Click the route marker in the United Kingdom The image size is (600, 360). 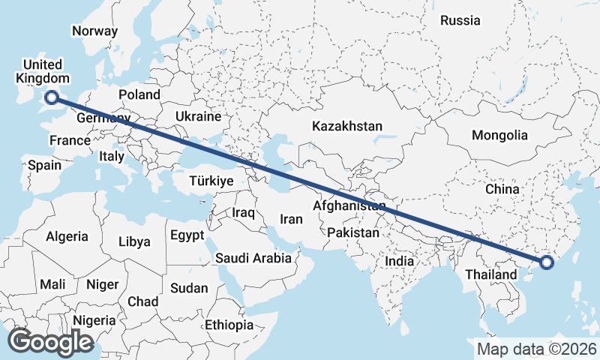coord(52,96)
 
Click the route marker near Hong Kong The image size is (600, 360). coord(547,262)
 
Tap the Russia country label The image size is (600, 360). coord(460,20)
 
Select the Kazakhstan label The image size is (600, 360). coord(348,126)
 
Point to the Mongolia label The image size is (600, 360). coord(499,136)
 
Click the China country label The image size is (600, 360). coord(502,189)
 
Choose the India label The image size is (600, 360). coord(400,262)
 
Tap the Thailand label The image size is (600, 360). coord(490,274)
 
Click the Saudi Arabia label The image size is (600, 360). coord(253,258)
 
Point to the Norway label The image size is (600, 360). coord(94,31)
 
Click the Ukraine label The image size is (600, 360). coord(198,117)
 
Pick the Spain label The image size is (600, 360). coord(44,165)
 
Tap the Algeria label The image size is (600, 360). coord(67,236)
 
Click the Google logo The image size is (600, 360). coord(50,341)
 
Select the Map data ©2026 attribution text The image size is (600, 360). coord(536,349)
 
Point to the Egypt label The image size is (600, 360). coord(187,235)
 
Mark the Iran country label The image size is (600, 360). coord(291,219)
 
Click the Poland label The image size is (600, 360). coord(139,94)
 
